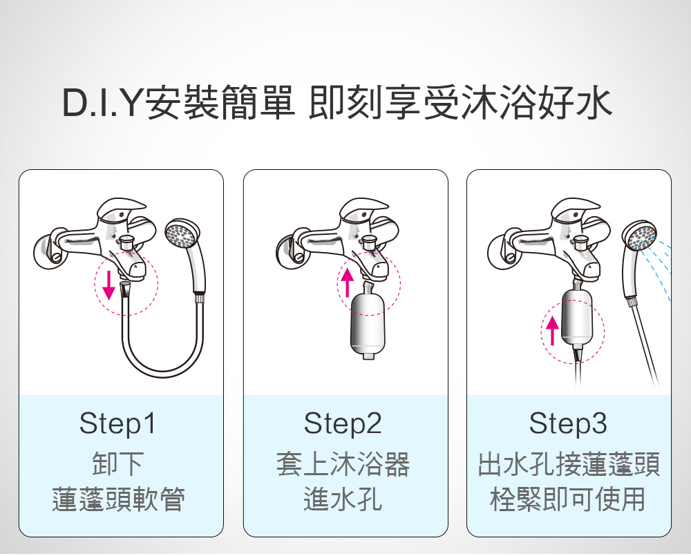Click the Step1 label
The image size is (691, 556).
tap(117, 423)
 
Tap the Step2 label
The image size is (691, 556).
tap(343, 423)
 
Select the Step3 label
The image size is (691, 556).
tap(568, 423)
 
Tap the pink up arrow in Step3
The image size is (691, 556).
tap(552, 331)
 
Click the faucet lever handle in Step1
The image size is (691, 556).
tap(121, 209)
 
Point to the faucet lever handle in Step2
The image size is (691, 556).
tap(363, 209)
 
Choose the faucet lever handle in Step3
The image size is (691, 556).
tap(575, 209)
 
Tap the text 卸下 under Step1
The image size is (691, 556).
tap(117, 463)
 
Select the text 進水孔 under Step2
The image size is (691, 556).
tap(343, 499)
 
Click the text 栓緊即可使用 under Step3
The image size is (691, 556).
tap(568, 499)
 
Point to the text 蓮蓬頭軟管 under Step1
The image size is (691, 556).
tap(117, 499)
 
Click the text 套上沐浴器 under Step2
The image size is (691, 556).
tap(343, 463)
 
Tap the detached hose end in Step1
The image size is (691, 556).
tap(124, 289)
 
